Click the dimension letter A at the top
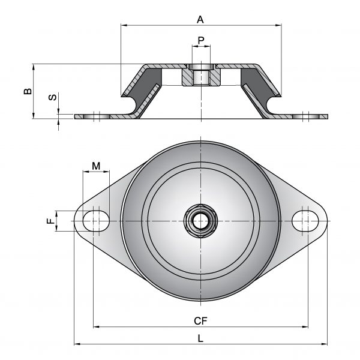(200, 20)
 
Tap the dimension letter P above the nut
(201, 41)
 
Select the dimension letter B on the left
(28, 91)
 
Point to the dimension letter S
(53, 97)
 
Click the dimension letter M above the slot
(96, 166)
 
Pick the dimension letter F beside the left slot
(51, 221)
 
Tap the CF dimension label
(200, 321)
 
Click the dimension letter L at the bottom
(200, 338)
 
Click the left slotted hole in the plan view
(96, 221)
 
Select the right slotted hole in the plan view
(305, 221)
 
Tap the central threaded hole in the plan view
(200, 221)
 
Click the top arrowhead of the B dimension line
(33, 67)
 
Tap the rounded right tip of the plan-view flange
(326, 221)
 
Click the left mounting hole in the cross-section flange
(97, 116)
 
